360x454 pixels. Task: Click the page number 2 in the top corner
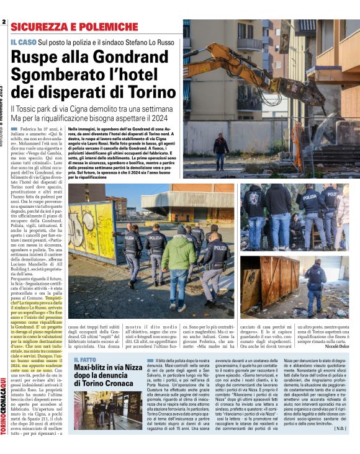[x=4, y=22]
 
